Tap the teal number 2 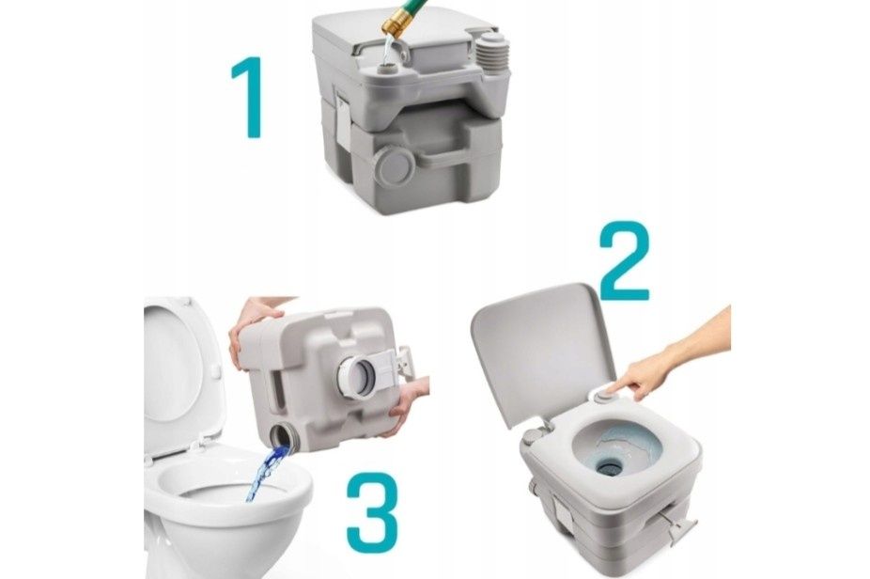tap(625, 261)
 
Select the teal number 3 tap(372, 512)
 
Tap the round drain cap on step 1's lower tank tap(394, 165)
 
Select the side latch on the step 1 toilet tap(343, 119)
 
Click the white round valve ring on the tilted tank tap(355, 376)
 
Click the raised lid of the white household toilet tap(178, 373)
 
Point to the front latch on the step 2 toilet tap(565, 513)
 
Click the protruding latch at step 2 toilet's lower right tap(682, 528)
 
